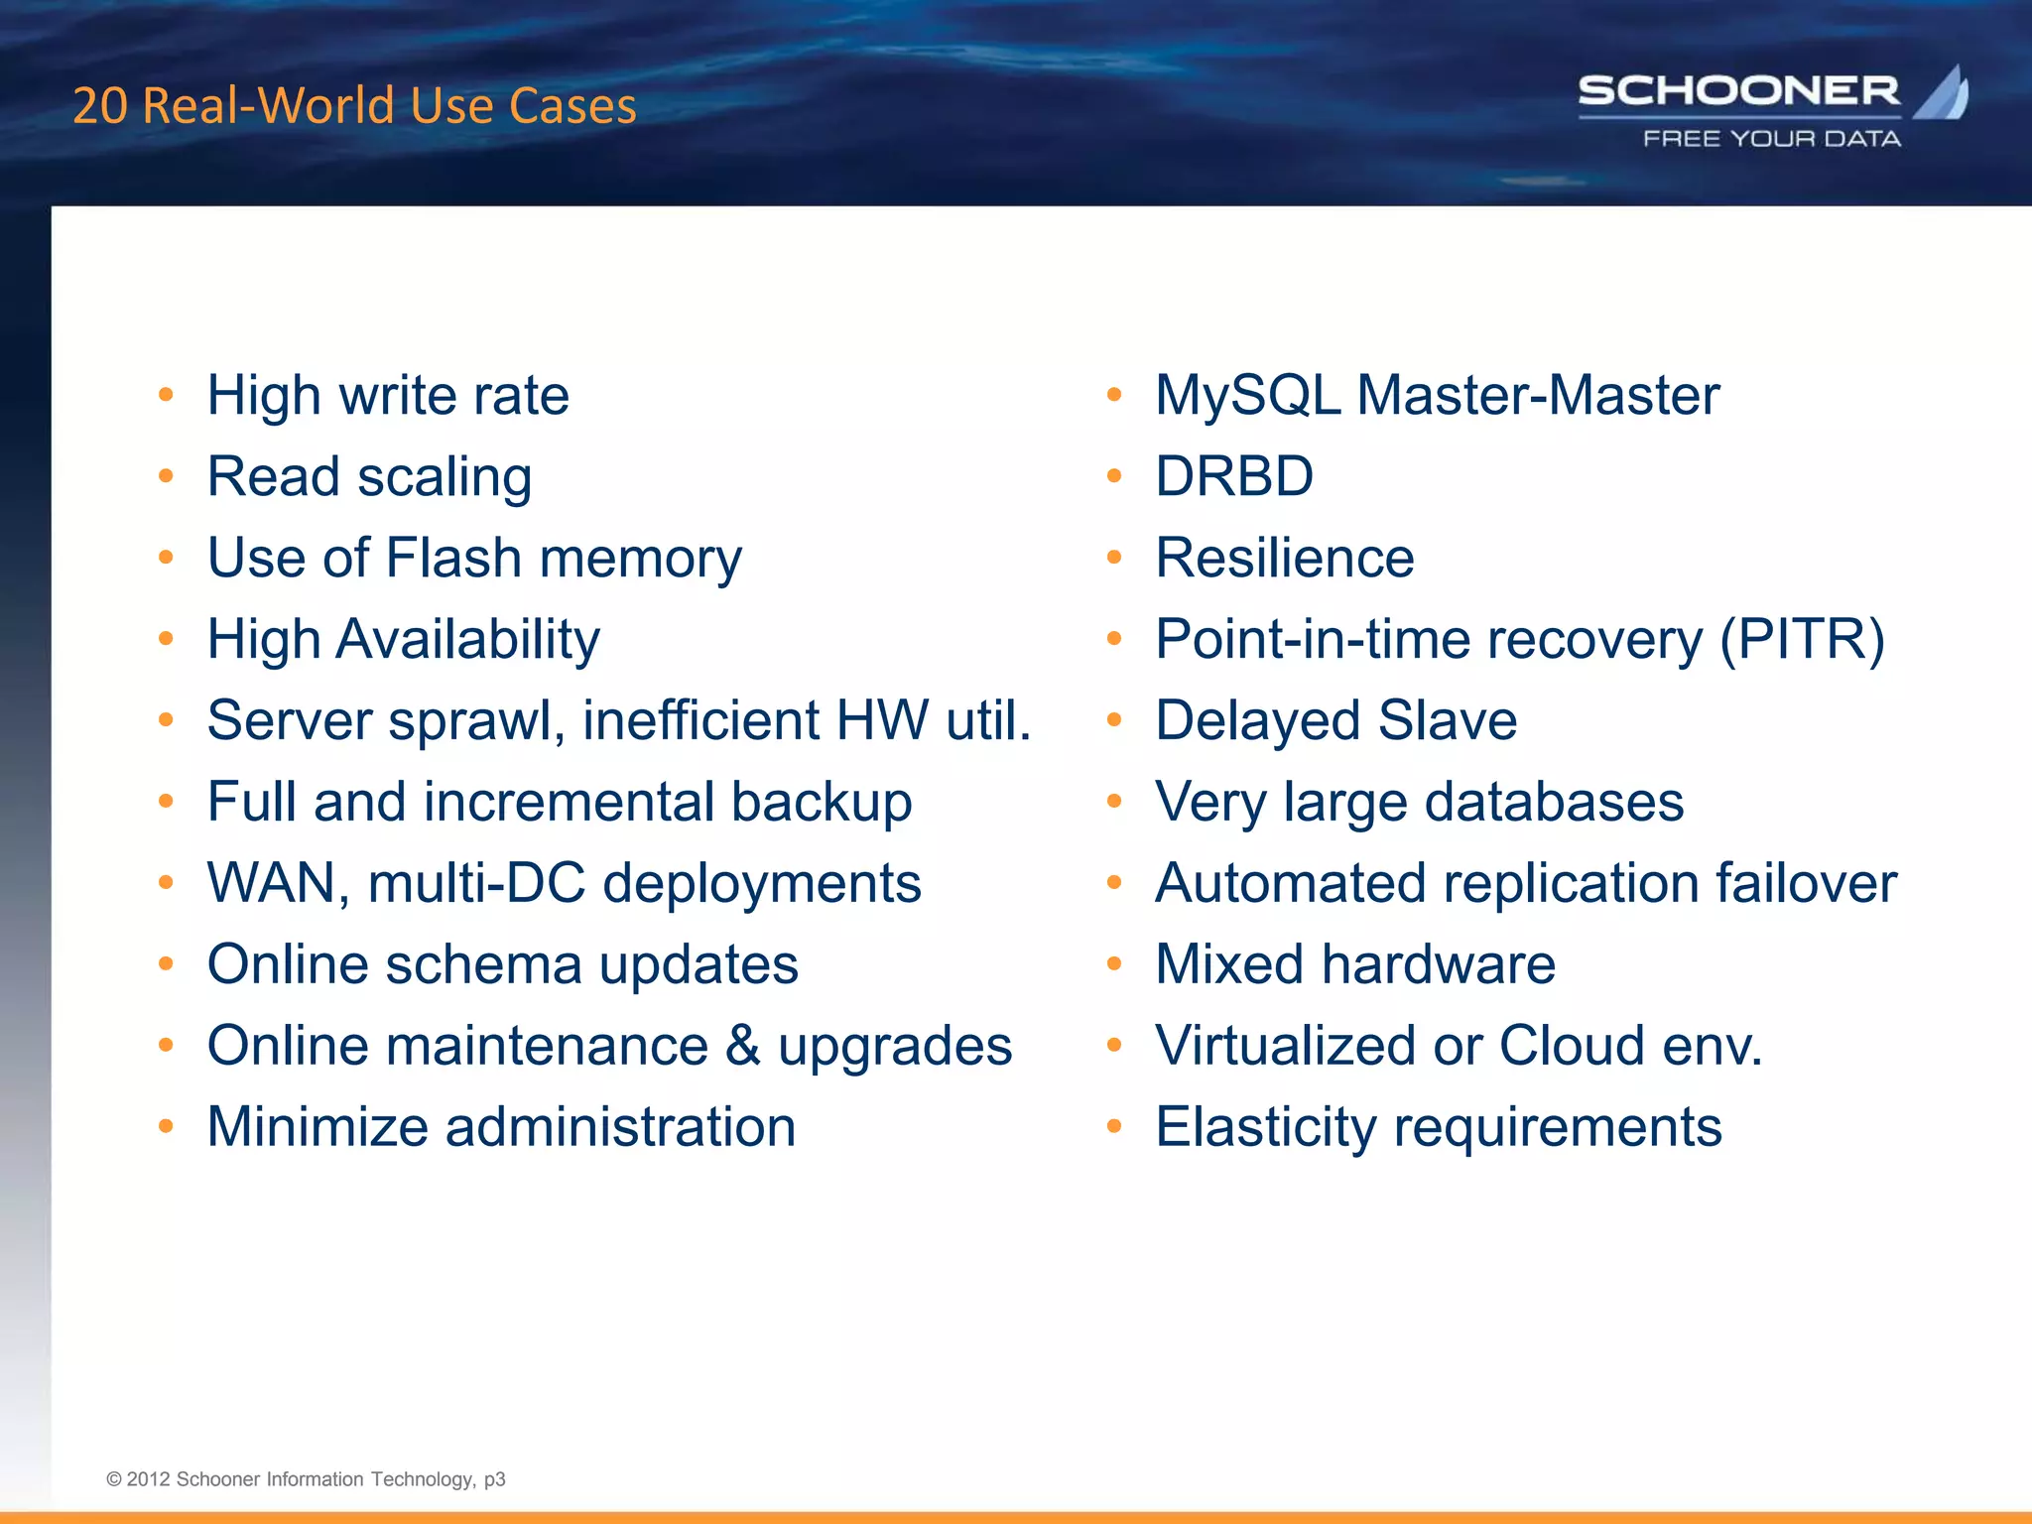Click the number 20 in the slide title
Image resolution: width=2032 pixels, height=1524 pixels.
click(x=99, y=106)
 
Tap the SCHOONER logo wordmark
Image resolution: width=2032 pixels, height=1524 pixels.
click(x=1738, y=91)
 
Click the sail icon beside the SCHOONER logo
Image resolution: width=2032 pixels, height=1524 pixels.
click(x=1944, y=93)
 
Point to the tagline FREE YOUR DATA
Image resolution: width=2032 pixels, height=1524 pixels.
click(x=1772, y=139)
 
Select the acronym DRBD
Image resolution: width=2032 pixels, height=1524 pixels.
click(x=1234, y=476)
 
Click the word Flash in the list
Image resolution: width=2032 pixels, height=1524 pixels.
click(x=453, y=558)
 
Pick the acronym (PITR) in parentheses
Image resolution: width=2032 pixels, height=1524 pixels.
click(x=1802, y=639)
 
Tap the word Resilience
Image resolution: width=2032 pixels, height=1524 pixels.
click(x=1285, y=558)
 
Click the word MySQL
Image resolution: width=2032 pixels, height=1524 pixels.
click(x=1248, y=396)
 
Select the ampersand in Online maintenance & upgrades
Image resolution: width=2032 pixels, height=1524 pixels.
click(x=743, y=1046)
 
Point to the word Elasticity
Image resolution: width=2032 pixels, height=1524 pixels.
click(x=1266, y=1128)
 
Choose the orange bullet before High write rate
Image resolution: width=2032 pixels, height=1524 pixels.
click(x=166, y=395)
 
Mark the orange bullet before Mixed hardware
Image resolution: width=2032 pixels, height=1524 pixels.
click(x=1114, y=963)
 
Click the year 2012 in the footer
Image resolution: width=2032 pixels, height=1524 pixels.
click(x=148, y=1479)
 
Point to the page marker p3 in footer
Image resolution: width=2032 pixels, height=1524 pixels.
click(x=494, y=1479)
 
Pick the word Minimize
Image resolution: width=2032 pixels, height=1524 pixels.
click(x=317, y=1127)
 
